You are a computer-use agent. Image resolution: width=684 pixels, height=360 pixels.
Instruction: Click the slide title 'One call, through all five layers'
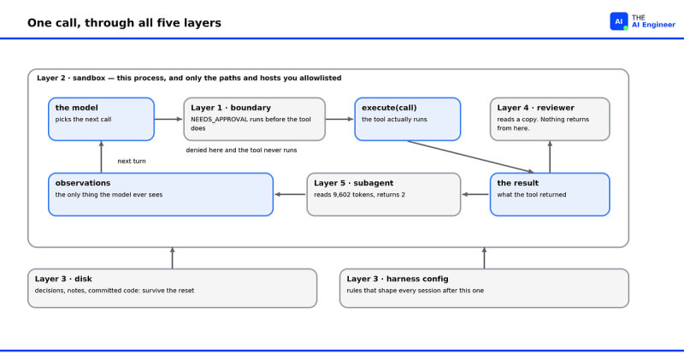coord(124,23)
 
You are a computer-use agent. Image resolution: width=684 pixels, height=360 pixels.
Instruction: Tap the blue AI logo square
coord(618,21)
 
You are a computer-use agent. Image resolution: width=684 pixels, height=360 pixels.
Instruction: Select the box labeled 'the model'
coord(101,119)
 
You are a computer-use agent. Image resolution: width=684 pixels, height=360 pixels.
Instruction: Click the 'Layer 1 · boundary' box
coord(254,119)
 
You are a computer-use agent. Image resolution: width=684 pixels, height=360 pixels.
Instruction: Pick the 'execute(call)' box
coord(408,119)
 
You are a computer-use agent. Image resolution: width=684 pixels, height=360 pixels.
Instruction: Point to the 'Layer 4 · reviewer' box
coord(550,119)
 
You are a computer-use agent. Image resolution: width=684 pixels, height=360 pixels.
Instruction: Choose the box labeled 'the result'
coord(550,195)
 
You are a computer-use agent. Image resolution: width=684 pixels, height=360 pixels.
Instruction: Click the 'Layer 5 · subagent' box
coord(383,195)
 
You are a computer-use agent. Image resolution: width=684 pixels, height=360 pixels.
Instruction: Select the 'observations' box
coord(161,195)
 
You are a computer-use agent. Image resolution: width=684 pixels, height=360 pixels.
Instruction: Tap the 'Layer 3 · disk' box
coord(173,288)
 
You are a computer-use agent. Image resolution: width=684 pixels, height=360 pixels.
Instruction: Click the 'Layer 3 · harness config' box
coord(484,288)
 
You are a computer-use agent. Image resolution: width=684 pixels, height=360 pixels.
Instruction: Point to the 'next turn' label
coord(132,161)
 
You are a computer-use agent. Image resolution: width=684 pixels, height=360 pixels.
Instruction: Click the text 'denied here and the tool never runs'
coord(241,150)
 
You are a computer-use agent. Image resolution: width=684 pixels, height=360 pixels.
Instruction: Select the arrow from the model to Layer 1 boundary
coord(168,119)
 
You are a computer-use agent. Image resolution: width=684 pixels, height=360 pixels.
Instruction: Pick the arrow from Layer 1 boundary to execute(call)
coord(339,119)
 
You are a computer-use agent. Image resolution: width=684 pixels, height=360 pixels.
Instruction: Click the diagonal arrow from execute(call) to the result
coord(471,156)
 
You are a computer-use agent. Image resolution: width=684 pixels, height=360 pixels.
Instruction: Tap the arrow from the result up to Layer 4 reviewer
coord(550,156)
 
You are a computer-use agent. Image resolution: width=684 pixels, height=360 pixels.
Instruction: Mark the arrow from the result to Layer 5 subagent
coord(475,195)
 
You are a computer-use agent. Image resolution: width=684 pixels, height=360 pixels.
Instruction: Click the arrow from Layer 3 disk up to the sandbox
coord(173,258)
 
